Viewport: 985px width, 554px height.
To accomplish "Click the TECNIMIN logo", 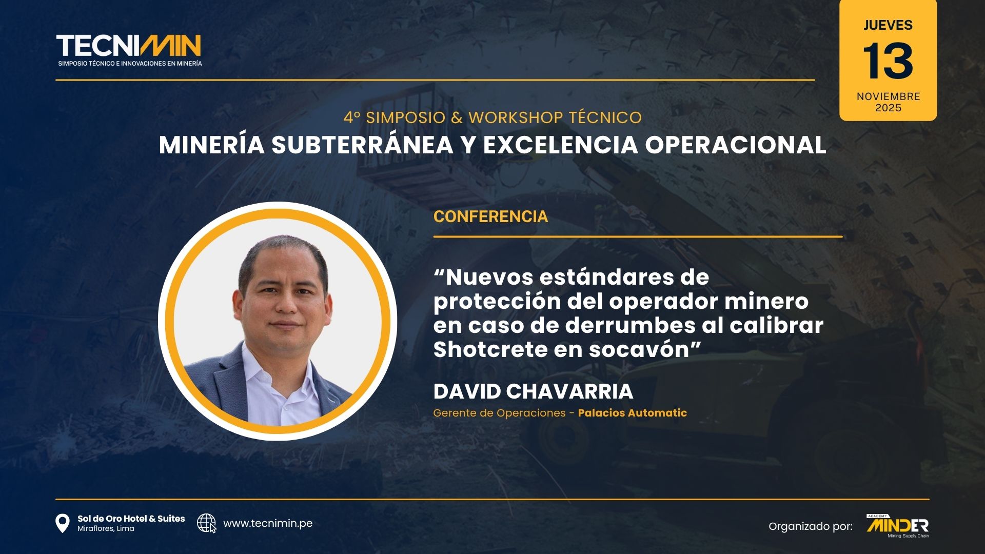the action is pyautogui.click(x=129, y=50).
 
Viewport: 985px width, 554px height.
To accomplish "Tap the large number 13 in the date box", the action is pyautogui.click(x=888, y=61).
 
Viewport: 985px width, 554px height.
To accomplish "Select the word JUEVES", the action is pyautogui.click(x=888, y=25).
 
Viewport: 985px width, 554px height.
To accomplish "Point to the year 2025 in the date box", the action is pyautogui.click(x=888, y=108).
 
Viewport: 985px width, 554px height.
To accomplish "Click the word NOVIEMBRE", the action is pyautogui.click(x=888, y=96).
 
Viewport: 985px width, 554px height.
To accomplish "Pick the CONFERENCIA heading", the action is pyautogui.click(x=490, y=216).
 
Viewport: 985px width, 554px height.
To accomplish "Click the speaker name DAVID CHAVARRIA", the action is pyautogui.click(x=533, y=391).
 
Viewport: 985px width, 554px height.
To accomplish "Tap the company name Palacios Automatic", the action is pyautogui.click(x=632, y=413).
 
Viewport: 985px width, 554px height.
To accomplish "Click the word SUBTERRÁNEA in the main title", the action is pyautogui.click(x=362, y=145).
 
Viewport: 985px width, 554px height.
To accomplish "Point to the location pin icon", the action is pyautogui.click(x=62, y=523).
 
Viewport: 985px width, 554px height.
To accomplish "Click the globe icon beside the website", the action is pyautogui.click(x=206, y=523).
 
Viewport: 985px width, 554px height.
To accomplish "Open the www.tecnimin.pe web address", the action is pyautogui.click(x=268, y=523).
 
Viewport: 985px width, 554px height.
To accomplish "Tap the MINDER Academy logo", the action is pyautogui.click(x=897, y=526).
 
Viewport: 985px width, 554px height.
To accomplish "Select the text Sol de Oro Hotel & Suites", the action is pyautogui.click(x=131, y=519).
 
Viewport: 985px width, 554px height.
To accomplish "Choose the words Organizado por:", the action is pyautogui.click(x=811, y=526).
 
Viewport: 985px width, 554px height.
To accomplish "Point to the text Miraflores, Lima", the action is pyautogui.click(x=106, y=529).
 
